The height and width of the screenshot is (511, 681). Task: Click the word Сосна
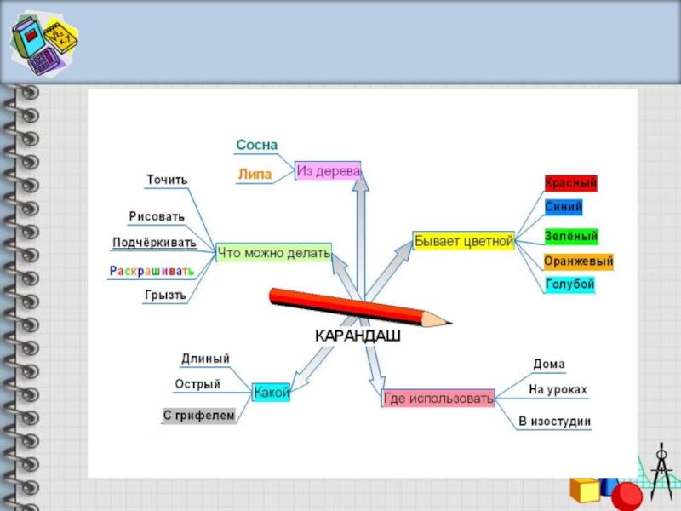tap(257, 146)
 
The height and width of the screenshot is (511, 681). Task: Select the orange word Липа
tap(255, 175)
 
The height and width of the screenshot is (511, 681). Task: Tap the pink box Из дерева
tap(328, 171)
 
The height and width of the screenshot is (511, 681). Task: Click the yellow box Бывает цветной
tap(464, 241)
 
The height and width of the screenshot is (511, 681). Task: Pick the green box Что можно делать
tap(272, 252)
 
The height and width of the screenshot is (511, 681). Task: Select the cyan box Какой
tap(272, 393)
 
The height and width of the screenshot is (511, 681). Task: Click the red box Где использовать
tap(438, 398)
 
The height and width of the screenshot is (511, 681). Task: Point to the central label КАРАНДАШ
tap(358, 336)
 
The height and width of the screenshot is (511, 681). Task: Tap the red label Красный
tap(570, 183)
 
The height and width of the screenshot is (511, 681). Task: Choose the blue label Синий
tap(564, 206)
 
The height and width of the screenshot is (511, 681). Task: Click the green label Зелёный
tap(570, 236)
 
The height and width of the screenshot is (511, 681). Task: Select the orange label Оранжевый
tap(578, 261)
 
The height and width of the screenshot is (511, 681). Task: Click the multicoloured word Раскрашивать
tap(152, 271)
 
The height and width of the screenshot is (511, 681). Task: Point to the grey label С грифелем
tap(198, 416)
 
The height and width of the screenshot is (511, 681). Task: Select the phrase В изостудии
tap(554, 422)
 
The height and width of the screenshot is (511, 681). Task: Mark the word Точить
tap(167, 180)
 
